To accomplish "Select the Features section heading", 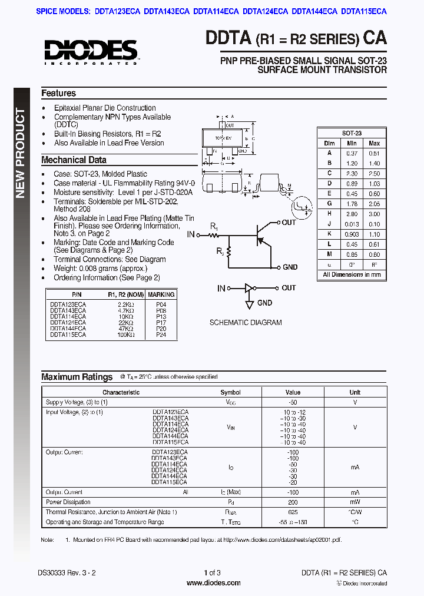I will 58,93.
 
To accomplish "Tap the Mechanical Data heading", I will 74,160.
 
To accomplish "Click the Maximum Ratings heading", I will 77,377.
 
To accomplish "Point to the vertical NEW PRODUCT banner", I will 21,153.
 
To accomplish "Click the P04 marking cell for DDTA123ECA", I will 161,304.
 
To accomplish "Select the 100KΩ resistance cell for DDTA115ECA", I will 126,335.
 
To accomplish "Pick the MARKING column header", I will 161,294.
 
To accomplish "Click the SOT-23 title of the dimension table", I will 352,134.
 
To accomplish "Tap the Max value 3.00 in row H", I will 373,214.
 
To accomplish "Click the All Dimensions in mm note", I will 352,274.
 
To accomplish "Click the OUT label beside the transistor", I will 289,223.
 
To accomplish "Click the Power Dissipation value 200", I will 293,502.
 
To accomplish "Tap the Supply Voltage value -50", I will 293,402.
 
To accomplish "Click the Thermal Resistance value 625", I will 293,512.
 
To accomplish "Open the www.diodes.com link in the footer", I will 213,583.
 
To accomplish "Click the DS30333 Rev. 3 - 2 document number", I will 66,572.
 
